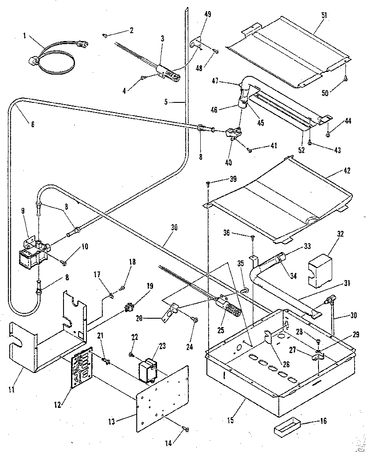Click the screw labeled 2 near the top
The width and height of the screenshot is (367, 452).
coord(106,34)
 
